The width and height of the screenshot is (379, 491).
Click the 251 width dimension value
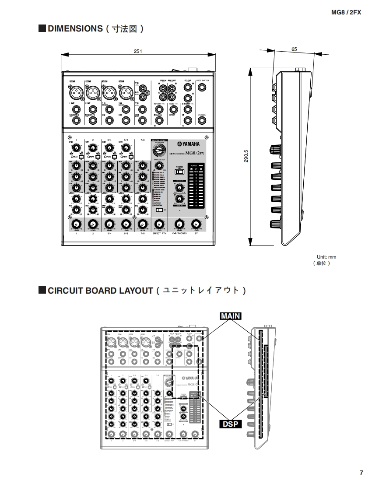pos(138,51)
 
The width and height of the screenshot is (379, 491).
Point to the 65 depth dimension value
pos(294,49)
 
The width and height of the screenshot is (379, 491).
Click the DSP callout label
pos(230,424)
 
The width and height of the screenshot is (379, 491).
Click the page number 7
pos(361,473)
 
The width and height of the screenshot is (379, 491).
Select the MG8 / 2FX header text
pos(346,13)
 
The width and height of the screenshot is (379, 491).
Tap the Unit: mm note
pos(326,257)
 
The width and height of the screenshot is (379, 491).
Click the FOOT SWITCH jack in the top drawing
pos(202,87)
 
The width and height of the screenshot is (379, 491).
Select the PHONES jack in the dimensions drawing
pos(202,120)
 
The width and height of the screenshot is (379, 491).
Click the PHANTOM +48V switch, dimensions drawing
pos(179,172)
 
